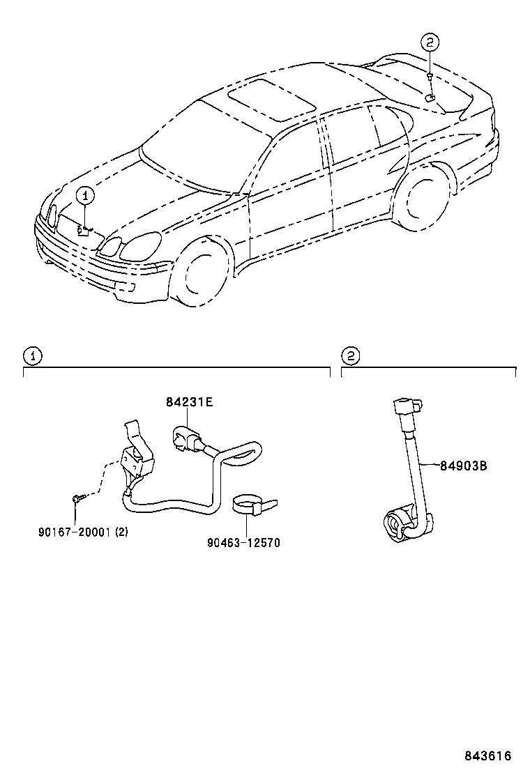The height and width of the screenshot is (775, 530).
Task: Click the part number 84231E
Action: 189,402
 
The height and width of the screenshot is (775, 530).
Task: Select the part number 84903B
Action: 463,466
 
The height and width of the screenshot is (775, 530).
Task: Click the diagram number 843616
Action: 488,756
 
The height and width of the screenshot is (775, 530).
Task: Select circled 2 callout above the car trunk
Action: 430,43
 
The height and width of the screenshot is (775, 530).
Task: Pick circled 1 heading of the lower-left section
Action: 32,356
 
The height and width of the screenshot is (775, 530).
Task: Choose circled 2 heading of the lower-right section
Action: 350,356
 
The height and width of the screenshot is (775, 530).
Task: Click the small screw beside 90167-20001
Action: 77,498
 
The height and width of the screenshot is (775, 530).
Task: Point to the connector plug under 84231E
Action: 185,438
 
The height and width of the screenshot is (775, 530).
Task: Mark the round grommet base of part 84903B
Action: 399,523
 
